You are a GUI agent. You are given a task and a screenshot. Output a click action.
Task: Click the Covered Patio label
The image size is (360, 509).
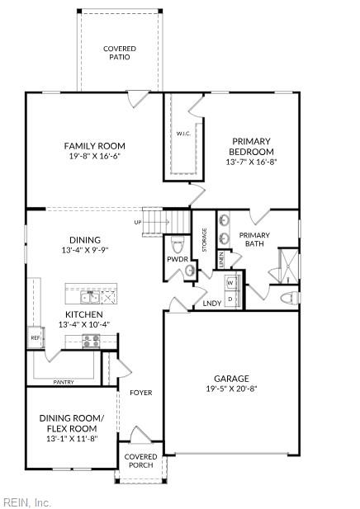tap(120, 53)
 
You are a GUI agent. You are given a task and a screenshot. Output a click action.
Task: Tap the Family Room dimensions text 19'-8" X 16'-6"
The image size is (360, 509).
tap(94, 157)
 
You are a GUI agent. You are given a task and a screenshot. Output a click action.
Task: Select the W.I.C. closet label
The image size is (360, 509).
tap(183, 133)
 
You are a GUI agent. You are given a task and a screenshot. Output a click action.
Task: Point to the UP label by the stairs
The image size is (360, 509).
tap(138, 222)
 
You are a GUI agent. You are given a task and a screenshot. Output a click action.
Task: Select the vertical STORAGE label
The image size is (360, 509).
tap(203, 242)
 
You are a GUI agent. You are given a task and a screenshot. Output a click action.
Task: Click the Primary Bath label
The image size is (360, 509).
tap(254, 239)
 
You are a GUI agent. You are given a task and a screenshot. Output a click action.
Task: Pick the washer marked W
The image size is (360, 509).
tap(230, 282)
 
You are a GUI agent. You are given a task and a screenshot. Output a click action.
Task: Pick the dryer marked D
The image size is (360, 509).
tap(230, 298)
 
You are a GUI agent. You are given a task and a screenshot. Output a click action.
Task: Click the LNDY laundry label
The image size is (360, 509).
tap(211, 304)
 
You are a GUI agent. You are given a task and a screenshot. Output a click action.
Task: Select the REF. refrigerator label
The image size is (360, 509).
tap(36, 337)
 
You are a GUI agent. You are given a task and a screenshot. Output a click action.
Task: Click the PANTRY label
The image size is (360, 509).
tap(64, 382)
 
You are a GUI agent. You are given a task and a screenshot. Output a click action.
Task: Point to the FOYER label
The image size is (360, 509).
tap(140, 393)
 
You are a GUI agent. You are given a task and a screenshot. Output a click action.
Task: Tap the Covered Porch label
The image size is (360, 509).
tap(140, 460)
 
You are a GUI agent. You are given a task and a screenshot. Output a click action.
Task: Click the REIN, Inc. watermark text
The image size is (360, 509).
tap(26, 501)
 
